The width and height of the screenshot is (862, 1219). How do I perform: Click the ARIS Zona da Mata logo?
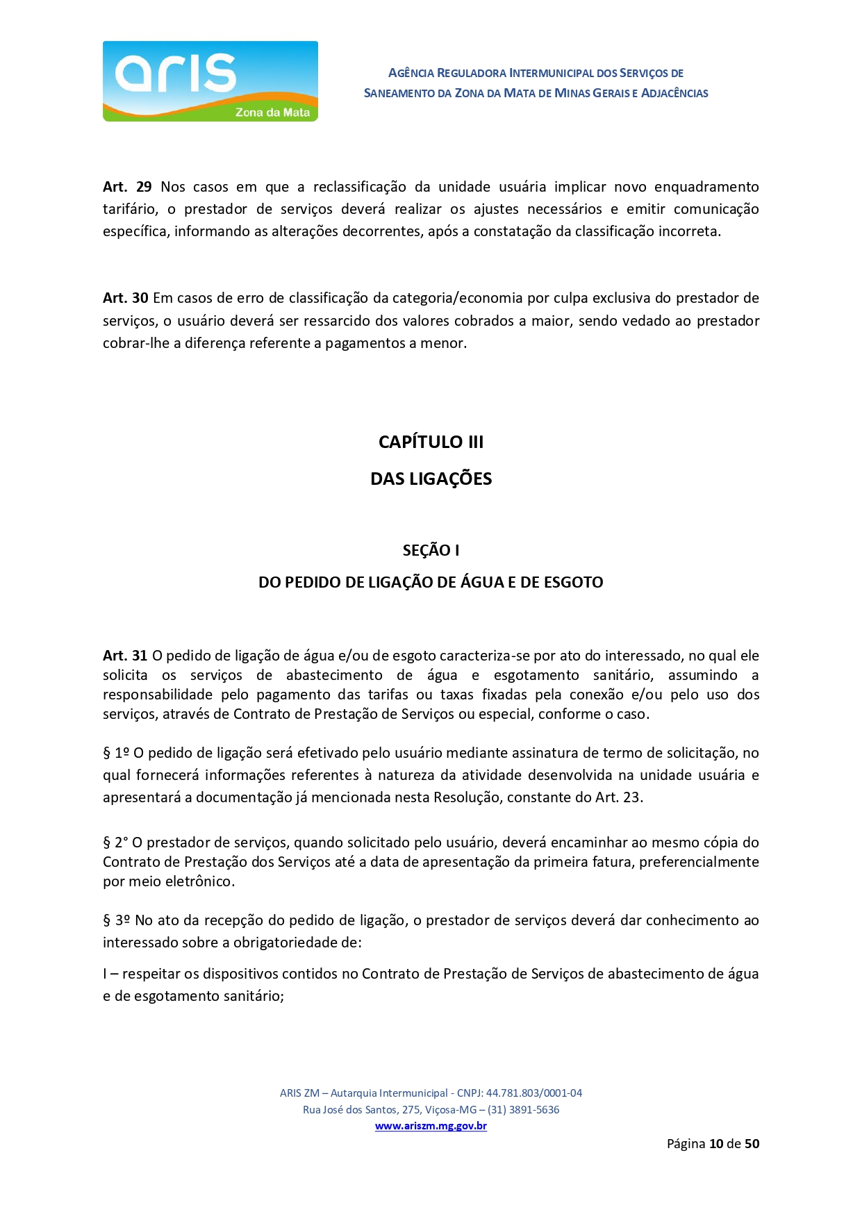(210, 81)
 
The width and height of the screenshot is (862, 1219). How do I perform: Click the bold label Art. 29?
(127, 187)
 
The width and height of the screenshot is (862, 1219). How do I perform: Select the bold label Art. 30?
(125, 298)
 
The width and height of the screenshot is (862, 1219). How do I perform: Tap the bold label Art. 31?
(125, 656)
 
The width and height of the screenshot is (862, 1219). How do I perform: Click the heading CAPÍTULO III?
(431, 442)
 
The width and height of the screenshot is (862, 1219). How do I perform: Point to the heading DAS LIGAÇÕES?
(431, 479)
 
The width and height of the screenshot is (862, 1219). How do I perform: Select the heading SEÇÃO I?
(431, 550)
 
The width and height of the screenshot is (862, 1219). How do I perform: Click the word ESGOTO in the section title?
(573, 582)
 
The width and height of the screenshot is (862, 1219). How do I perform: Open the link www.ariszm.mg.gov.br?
(431, 1126)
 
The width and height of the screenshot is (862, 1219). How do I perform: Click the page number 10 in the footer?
(716, 1144)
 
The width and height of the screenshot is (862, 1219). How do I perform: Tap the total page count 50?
(752, 1144)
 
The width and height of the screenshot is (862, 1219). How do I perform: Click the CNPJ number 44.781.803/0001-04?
(533, 1093)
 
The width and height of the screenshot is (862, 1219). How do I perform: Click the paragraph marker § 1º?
(116, 753)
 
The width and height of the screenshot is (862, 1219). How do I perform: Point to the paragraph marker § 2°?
(115, 843)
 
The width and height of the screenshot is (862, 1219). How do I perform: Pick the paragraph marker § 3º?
(117, 920)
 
